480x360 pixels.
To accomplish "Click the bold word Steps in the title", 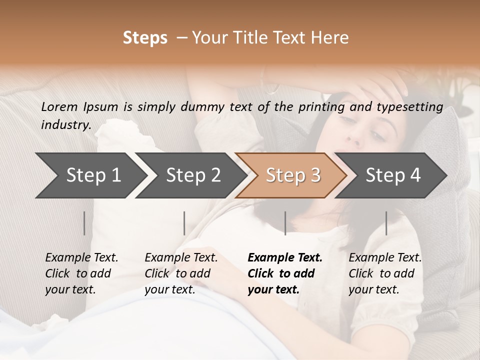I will click(x=145, y=38).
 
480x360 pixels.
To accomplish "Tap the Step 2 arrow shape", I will click(x=190, y=175).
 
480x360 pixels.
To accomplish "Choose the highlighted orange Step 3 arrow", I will click(x=291, y=175).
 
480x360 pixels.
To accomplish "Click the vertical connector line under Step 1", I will click(x=84, y=223).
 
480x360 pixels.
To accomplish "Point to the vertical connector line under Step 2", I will click(x=184, y=223).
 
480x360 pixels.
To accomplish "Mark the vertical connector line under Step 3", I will click(x=285, y=223).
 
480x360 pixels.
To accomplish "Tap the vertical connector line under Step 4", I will click(x=386, y=223).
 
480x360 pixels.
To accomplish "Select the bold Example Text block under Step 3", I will click(x=285, y=273).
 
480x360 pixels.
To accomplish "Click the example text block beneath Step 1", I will click(x=81, y=273).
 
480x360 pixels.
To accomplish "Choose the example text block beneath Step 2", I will click(x=181, y=273).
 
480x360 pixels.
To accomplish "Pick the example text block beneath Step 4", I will click(x=385, y=273).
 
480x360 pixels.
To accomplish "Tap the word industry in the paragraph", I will click(x=66, y=124).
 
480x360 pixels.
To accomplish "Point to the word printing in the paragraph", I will click(x=318, y=106).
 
